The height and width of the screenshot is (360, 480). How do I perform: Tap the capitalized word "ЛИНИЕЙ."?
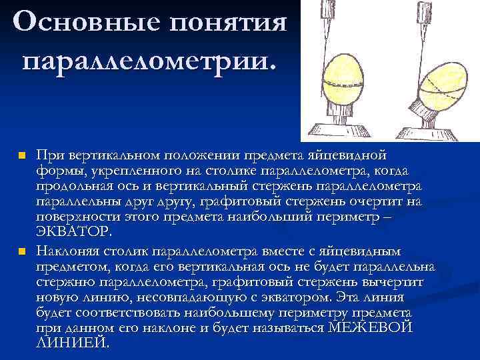click(x=73, y=343)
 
